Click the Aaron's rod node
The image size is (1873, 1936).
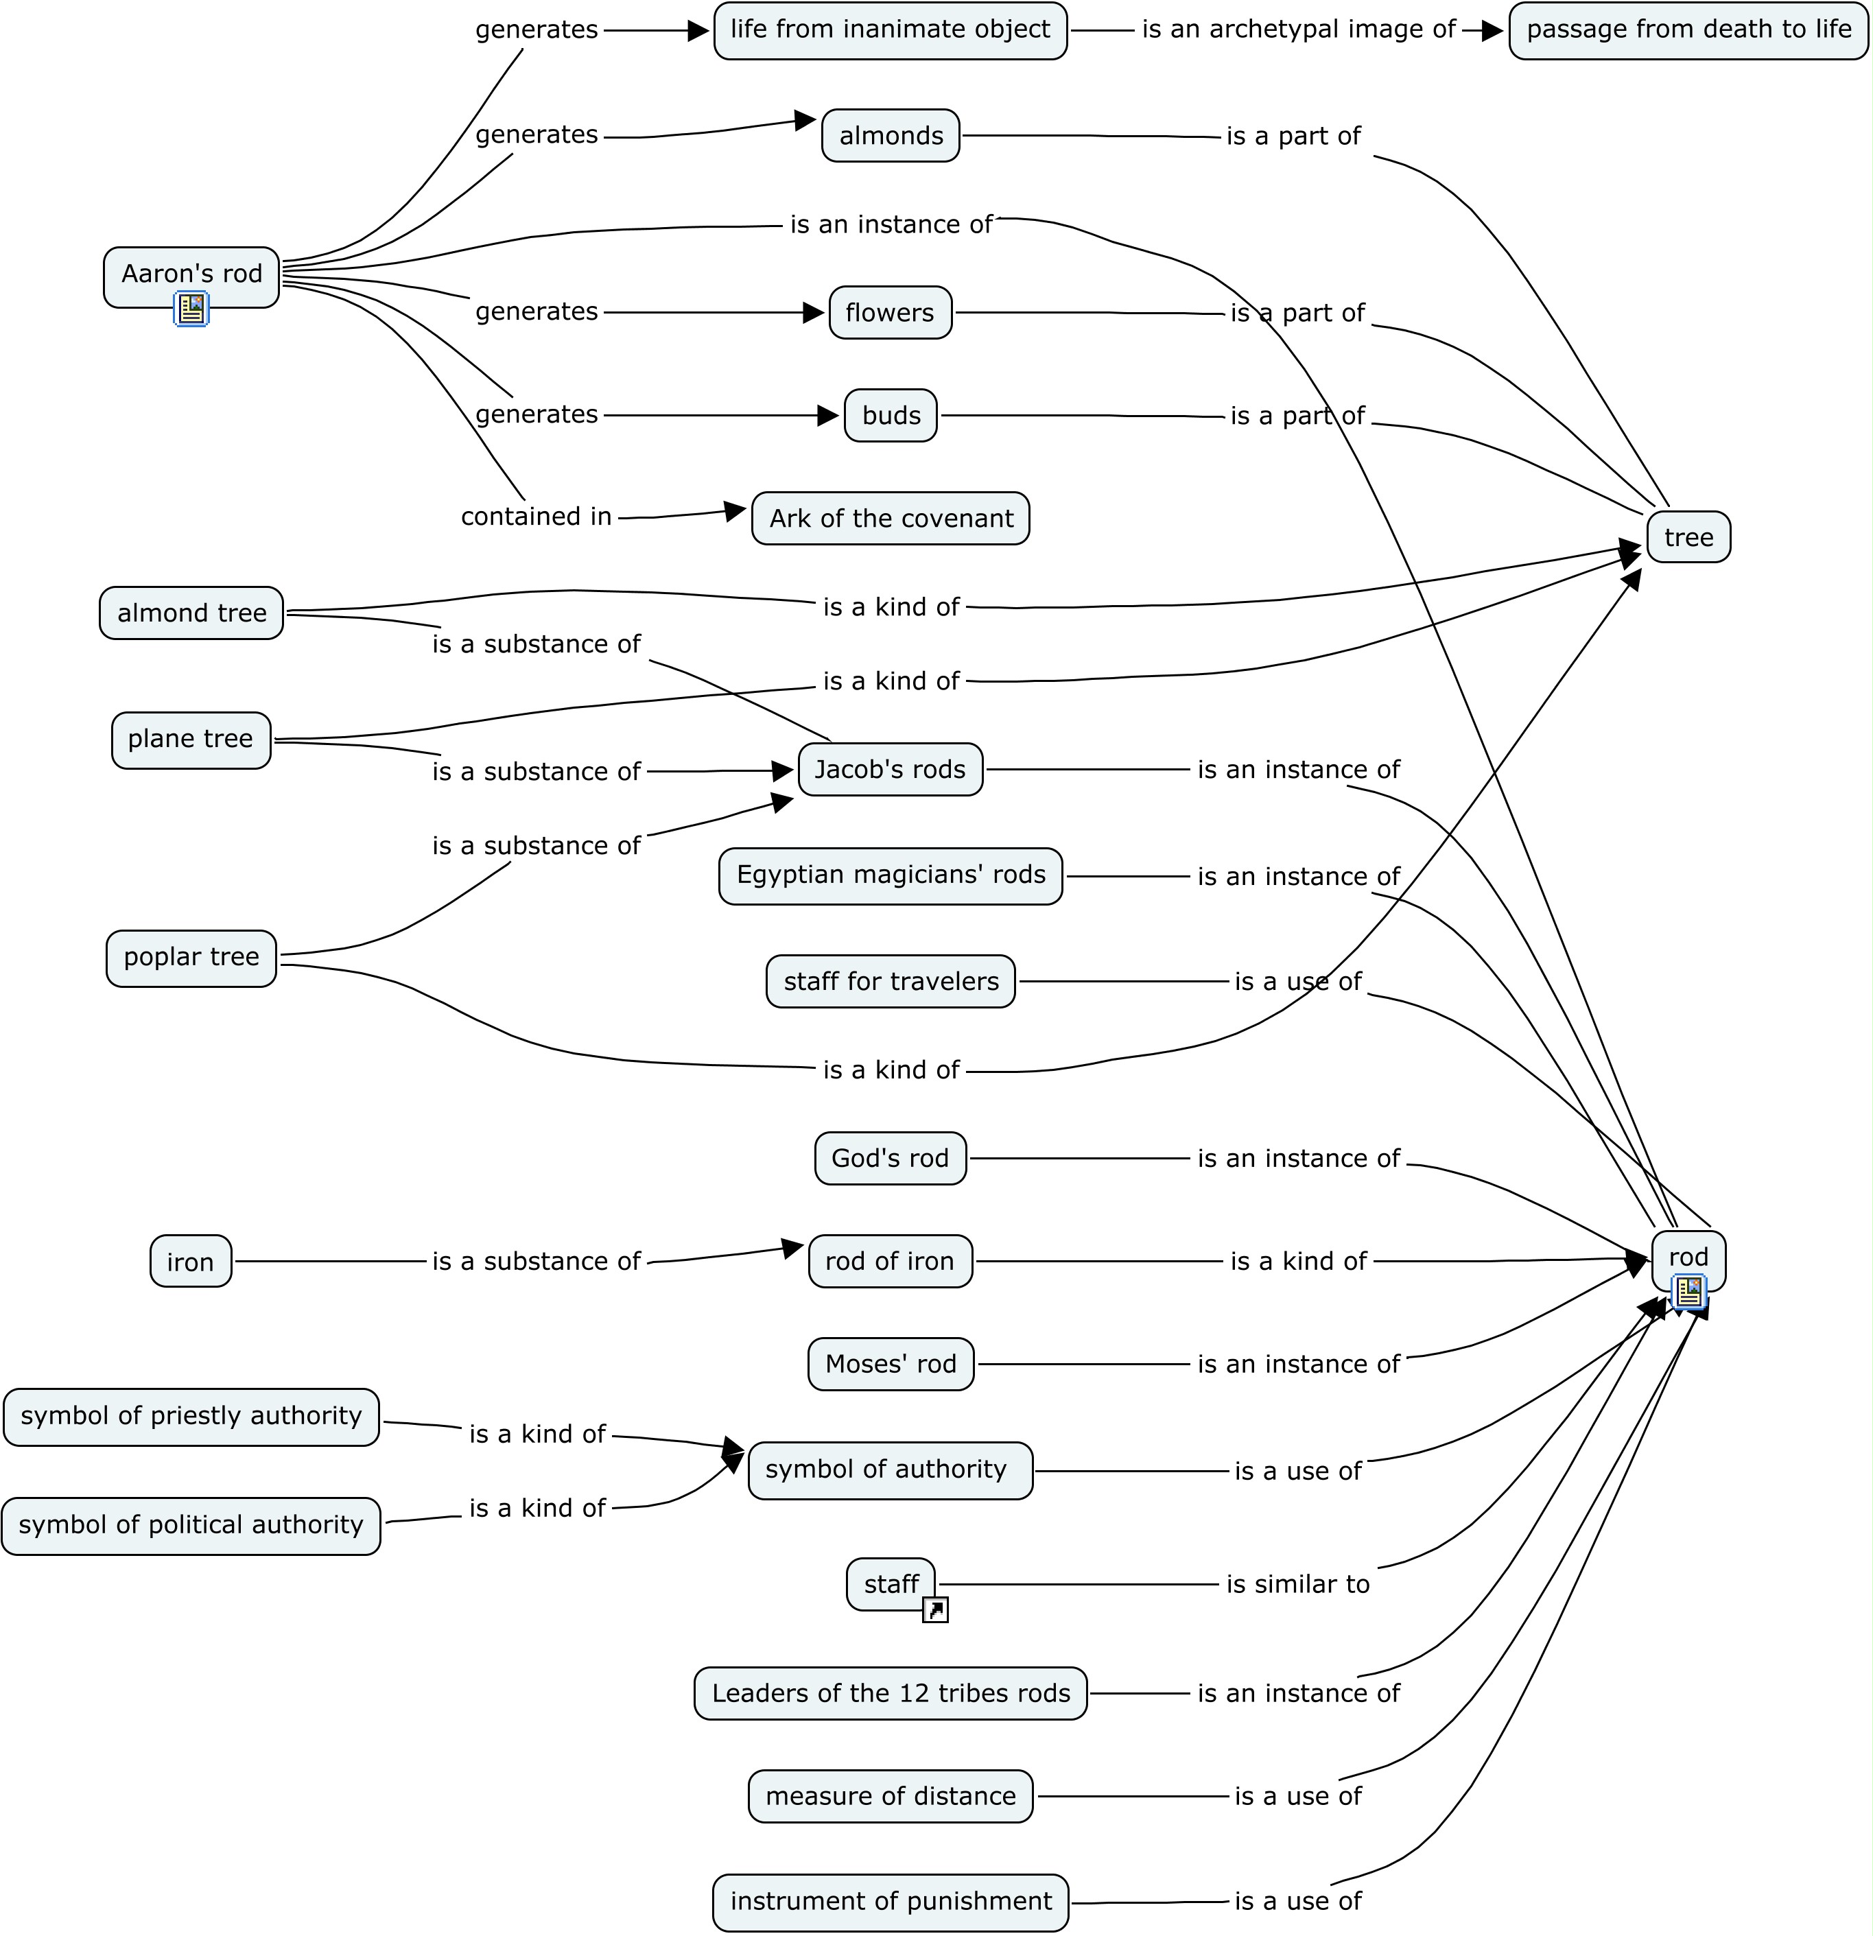[191, 274]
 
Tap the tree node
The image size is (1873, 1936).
[1688, 537]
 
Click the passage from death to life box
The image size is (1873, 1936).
[1688, 29]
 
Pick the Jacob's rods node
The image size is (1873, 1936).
[890, 770]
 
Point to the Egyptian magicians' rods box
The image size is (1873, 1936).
[890, 875]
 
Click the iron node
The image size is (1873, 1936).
[191, 1262]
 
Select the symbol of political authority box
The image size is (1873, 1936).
[191, 1525]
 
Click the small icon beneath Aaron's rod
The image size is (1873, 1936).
[191, 309]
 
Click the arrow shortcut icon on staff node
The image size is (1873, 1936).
[934, 1610]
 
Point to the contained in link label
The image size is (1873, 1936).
[537, 517]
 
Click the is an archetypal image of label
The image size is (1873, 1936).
[1298, 29]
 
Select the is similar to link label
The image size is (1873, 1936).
[1297, 1584]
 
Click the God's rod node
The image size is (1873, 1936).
[890, 1159]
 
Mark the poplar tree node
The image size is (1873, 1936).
[191, 957]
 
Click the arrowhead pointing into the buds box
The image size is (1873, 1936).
[829, 416]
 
